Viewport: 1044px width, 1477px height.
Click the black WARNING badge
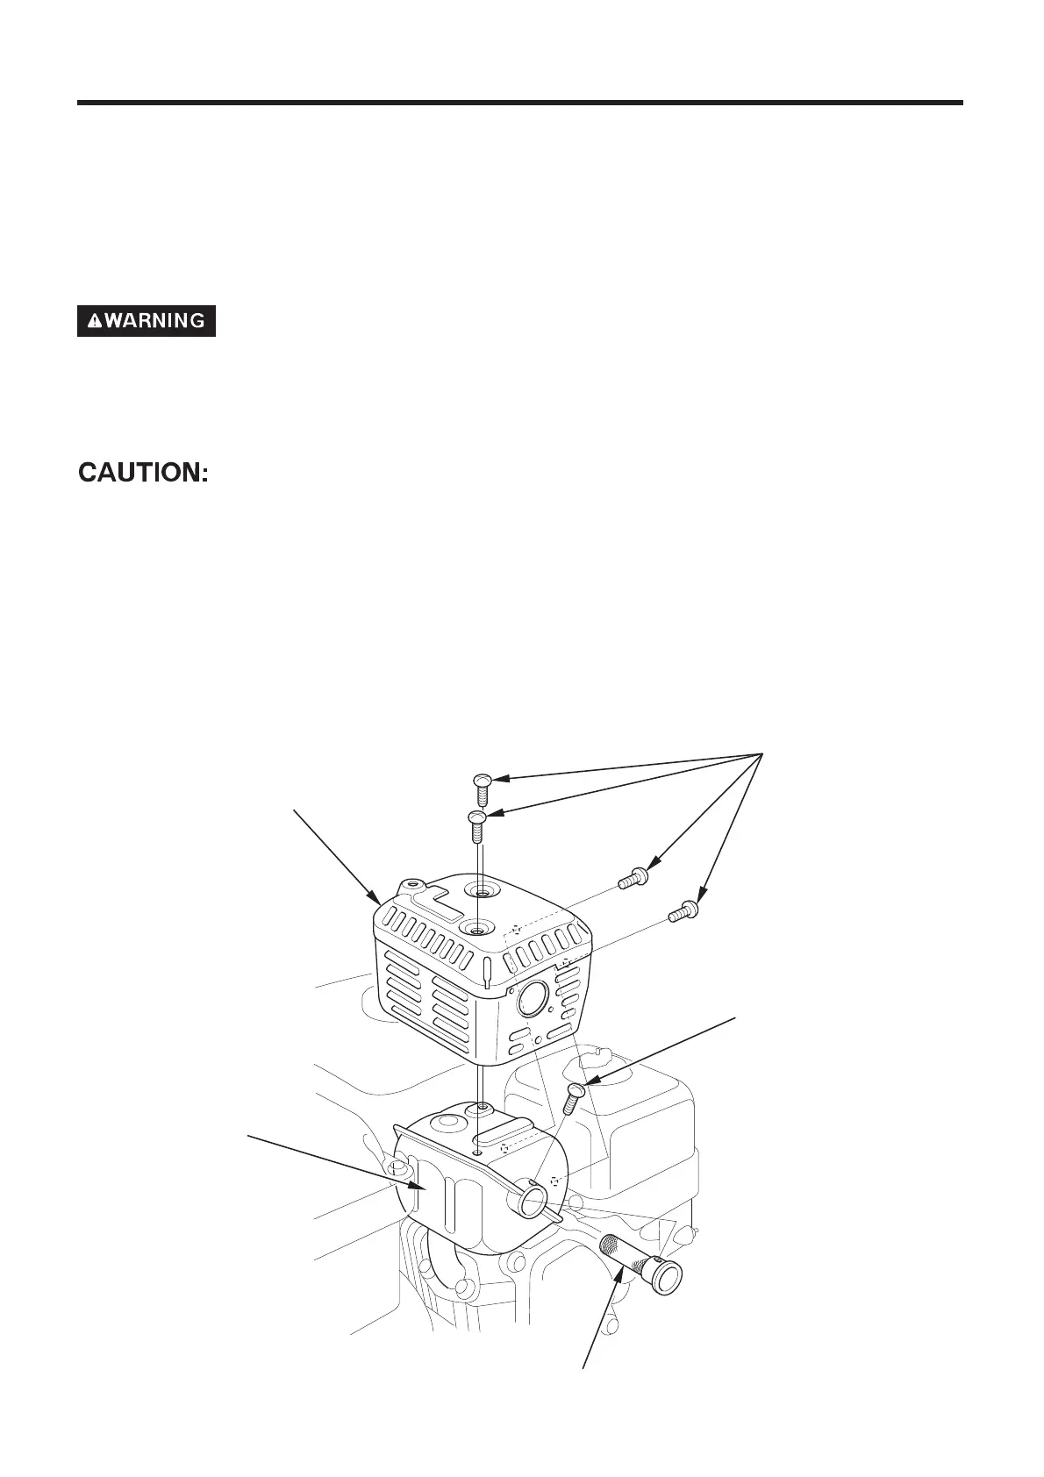(147, 321)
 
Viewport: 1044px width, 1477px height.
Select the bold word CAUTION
(144, 474)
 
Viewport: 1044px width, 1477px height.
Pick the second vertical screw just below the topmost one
(476, 824)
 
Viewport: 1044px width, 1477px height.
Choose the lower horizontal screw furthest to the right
(683, 911)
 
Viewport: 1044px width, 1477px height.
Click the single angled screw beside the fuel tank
(574, 1096)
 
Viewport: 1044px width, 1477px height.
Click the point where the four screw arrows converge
(761, 753)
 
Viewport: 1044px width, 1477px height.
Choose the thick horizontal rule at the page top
(520, 103)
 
